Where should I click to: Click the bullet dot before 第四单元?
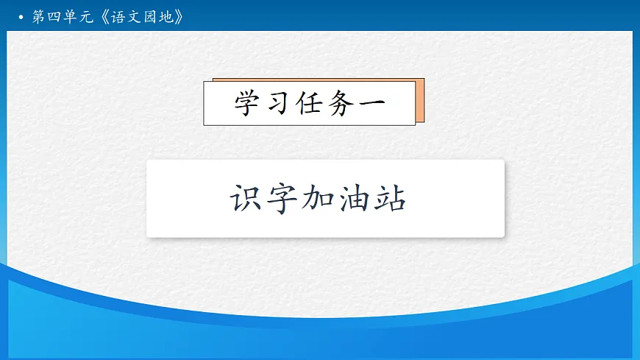click(22, 17)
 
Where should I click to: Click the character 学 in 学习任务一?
click(247, 103)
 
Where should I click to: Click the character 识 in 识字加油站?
click(246, 199)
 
